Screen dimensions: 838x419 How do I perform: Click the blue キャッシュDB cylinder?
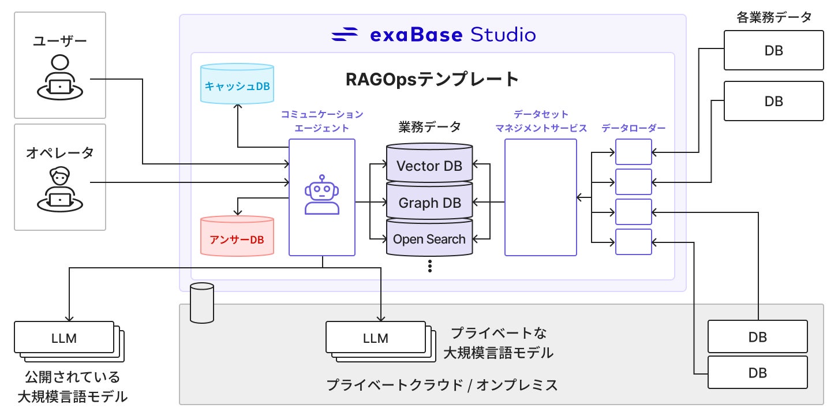click(237, 84)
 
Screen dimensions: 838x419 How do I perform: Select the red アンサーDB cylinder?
click(237, 236)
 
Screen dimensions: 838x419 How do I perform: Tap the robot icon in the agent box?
click(321, 194)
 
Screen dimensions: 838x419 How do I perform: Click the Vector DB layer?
click(429, 163)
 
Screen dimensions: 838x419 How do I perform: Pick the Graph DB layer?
click(429, 201)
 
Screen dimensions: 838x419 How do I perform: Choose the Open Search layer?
click(429, 238)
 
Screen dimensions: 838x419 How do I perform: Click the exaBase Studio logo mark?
click(344, 34)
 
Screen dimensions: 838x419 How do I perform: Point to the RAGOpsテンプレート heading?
click(432, 79)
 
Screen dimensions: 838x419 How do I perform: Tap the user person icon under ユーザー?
click(60, 77)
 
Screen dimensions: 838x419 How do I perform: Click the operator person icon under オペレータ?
click(60, 189)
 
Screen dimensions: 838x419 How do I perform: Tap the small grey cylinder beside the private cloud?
click(202, 302)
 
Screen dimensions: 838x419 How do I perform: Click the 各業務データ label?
click(774, 17)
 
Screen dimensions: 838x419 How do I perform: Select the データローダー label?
click(633, 128)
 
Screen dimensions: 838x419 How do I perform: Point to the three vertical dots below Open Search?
click(430, 266)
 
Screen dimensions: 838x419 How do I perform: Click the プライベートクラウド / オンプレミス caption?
click(442, 385)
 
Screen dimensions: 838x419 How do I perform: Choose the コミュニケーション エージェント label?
click(321, 121)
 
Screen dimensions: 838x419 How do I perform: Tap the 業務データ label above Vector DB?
click(429, 127)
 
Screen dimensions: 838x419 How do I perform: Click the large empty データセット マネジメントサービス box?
click(541, 197)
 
